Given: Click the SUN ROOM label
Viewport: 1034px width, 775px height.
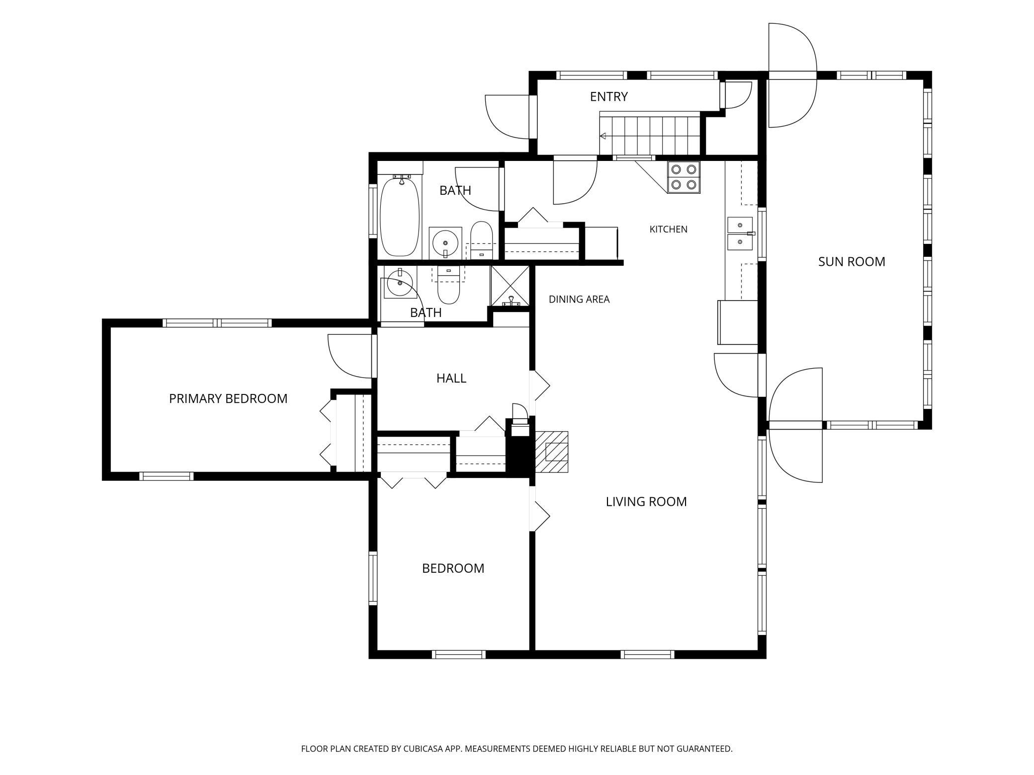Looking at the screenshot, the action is click(x=852, y=261).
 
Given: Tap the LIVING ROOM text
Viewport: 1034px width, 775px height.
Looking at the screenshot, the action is click(x=646, y=502).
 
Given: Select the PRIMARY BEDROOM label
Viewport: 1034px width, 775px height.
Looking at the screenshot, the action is click(x=228, y=398).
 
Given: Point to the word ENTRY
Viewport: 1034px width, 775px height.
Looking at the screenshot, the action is click(x=609, y=96).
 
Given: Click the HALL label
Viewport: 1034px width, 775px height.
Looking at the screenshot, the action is click(x=451, y=378).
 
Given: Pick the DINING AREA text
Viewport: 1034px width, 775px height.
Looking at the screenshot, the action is click(x=579, y=299).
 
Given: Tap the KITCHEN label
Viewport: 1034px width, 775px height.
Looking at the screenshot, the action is click(x=669, y=229).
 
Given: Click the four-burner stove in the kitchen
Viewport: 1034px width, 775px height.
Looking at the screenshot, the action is click(x=684, y=177).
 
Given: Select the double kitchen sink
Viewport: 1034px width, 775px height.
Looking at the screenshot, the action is click(x=740, y=233).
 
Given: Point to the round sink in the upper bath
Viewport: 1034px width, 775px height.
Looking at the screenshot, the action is click(x=445, y=243).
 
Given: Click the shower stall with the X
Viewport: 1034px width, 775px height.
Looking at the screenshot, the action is click(x=510, y=286).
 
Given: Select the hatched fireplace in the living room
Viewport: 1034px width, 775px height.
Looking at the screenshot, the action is click(x=551, y=452).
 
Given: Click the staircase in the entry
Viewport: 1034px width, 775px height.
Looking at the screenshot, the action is click(x=650, y=134).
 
